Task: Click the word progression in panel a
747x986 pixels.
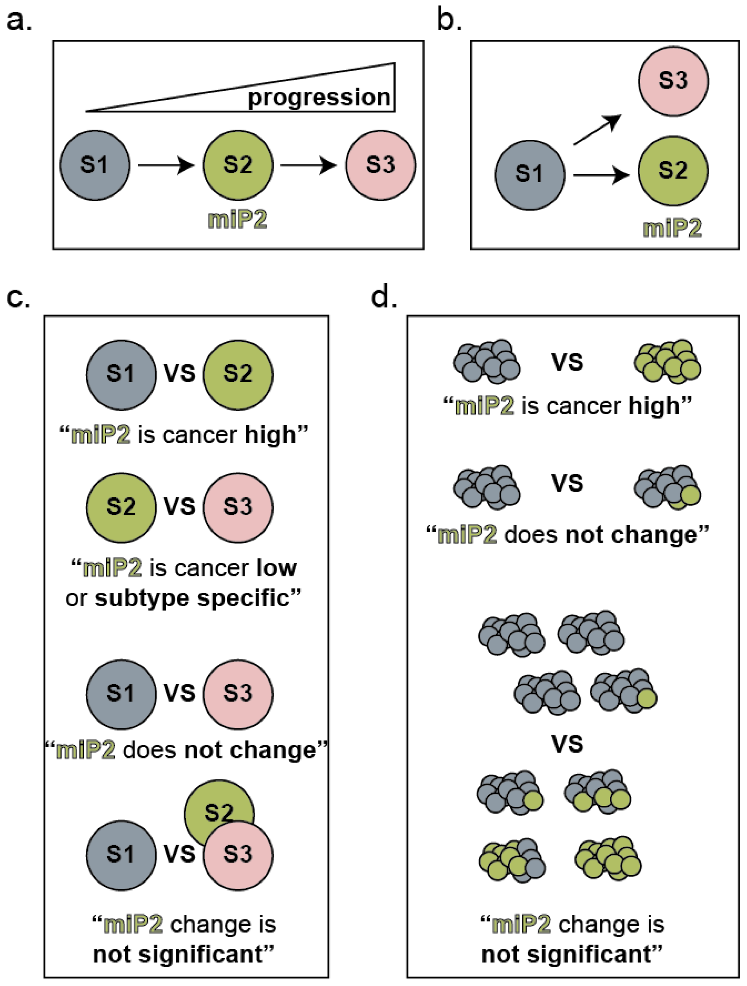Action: point(319,98)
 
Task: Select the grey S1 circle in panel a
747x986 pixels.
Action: point(95,165)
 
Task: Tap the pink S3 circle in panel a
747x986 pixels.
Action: point(380,165)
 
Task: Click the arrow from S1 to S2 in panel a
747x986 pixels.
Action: point(166,165)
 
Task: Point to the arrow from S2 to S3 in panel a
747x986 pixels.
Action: point(309,165)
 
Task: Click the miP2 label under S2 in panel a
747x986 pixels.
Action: point(238,220)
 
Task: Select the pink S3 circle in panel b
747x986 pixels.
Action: point(673,81)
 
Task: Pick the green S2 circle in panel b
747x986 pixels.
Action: point(673,171)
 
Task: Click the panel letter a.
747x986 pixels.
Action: point(19,22)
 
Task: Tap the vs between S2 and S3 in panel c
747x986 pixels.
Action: point(180,506)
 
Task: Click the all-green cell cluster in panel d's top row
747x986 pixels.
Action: point(667,361)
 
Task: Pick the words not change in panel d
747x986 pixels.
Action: point(631,535)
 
